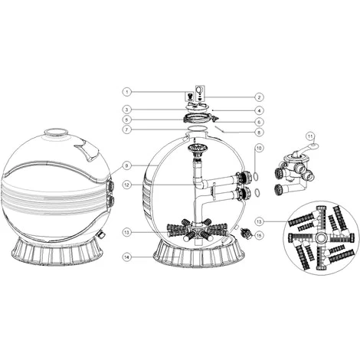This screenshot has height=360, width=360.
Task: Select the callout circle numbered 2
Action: click(260, 97)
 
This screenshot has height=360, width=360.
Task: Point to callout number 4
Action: click(260, 110)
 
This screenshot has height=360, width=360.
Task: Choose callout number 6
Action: click(260, 122)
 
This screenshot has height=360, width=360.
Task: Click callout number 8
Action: click(260, 132)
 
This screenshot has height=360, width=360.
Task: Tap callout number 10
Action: click(260, 147)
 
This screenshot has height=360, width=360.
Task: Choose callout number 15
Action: click(260, 234)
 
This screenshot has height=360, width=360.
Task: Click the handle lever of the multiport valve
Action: click(314, 143)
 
